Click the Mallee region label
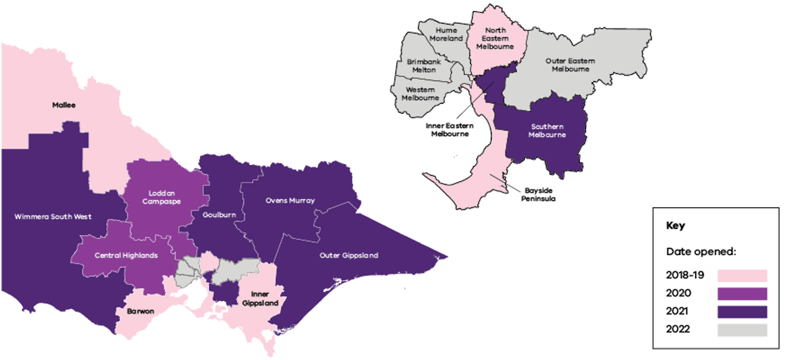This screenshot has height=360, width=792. (x=64, y=105)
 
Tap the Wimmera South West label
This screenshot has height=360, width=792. (x=53, y=217)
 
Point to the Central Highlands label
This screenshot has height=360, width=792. (x=126, y=255)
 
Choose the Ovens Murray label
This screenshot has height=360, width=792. (x=290, y=201)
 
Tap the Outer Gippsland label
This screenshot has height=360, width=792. (x=349, y=255)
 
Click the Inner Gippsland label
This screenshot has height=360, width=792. (x=260, y=299)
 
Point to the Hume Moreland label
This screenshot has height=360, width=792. (x=446, y=35)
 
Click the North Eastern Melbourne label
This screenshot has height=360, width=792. (x=495, y=38)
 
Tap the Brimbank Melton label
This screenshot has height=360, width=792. (x=421, y=66)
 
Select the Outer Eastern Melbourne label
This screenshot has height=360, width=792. (x=570, y=64)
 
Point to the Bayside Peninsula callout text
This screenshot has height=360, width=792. (x=540, y=194)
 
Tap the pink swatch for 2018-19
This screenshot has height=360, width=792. (x=742, y=275)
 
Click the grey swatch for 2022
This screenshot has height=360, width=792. (x=742, y=330)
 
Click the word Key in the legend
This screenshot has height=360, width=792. (x=675, y=226)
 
